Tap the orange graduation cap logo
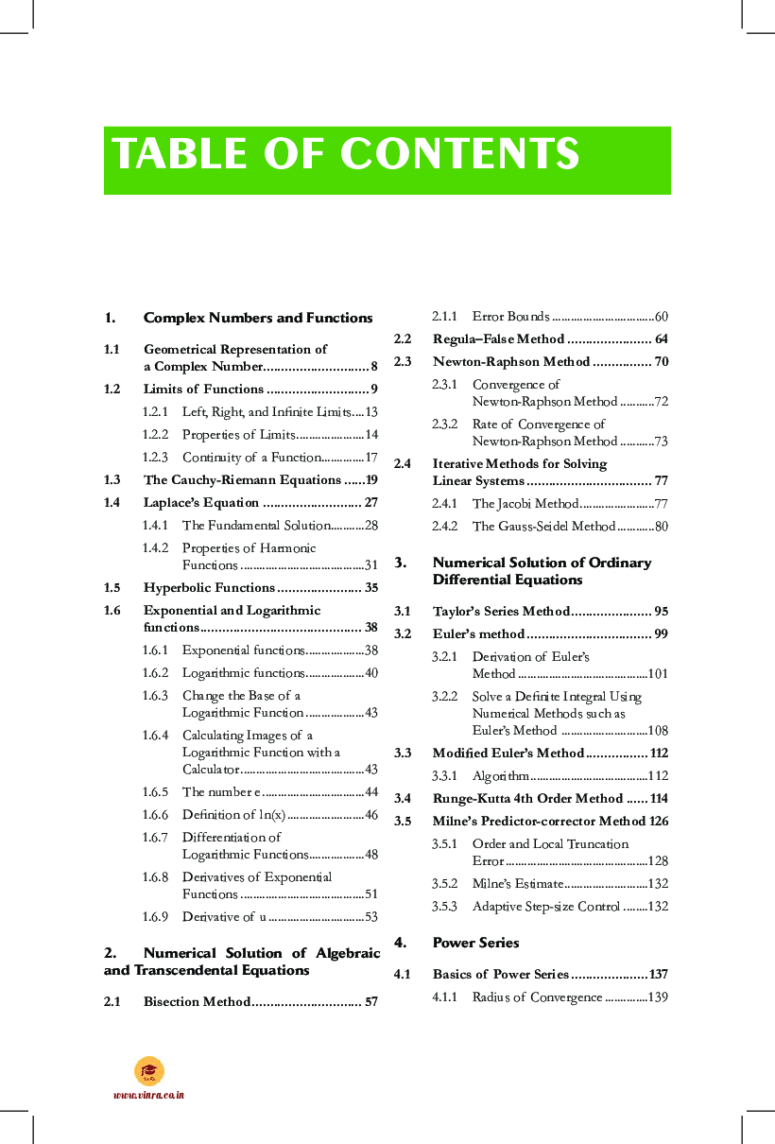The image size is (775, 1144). (x=149, y=1071)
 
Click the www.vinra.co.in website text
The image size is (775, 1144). (x=148, y=1095)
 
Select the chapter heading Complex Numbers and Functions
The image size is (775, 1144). (x=258, y=318)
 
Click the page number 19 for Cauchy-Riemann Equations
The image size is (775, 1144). (x=371, y=480)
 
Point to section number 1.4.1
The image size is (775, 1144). (x=156, y=526)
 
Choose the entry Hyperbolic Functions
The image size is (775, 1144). (x=209, y=588)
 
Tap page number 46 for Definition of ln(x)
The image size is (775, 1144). (x=371, y=815)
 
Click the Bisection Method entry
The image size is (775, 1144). (x=197, y=1002)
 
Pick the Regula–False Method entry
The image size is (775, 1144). (x=498, y=339)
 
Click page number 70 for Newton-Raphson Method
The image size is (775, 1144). (x=661, y=362)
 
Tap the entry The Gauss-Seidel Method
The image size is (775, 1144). (x=543, y=527)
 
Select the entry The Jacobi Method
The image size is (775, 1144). (x=525, y=504)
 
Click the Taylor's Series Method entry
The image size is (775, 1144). (x=501, y=612)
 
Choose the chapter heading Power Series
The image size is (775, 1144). (x=476, y=943)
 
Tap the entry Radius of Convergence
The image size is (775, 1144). (x=537, y=997)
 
